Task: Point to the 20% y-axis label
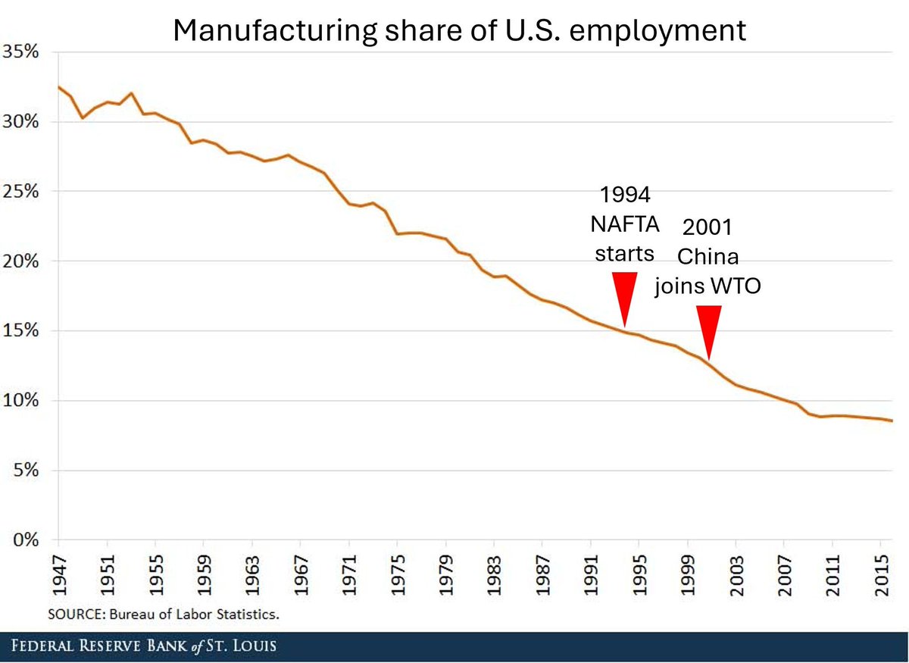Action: [x=23, y=261]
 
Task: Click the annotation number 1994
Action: [x=625, y=195]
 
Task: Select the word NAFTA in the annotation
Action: [x=625, y=224]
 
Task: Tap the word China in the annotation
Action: [x=708, y=256]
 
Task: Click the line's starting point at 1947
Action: [x=58, y=86]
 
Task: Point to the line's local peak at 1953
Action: [x=131, y=93]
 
